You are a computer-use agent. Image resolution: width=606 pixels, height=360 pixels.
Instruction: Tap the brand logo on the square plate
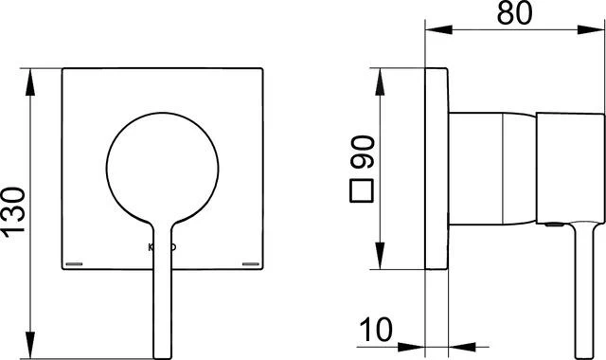coord(162,248)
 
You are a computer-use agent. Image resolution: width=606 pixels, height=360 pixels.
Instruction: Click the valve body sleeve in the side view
coord(492,171)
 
